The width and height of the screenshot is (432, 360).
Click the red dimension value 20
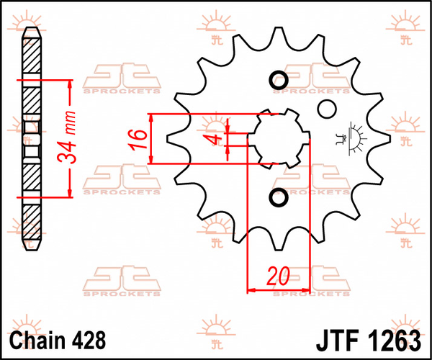tap(278, 276)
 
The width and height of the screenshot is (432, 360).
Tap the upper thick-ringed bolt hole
tap(278, 80)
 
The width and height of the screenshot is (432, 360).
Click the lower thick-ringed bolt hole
tap(278, 197)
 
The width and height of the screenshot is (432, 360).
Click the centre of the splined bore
tap(278, 138)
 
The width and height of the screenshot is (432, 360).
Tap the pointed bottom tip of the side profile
tap(30, 249)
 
